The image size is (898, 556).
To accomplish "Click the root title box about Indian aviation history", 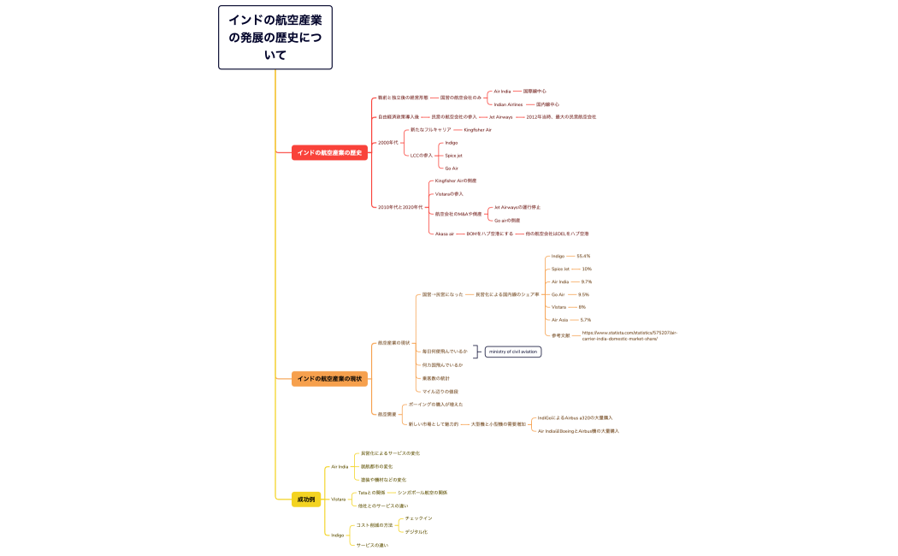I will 275,37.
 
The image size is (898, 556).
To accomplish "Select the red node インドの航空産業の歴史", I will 329,152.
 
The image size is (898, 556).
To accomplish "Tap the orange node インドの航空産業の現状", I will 329,378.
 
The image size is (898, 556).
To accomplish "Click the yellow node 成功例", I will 305,499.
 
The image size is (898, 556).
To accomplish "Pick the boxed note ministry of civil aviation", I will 513,352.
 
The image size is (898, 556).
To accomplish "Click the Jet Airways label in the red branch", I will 500,116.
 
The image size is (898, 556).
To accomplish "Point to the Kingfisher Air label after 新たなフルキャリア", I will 477,129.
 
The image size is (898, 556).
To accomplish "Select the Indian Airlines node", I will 508,104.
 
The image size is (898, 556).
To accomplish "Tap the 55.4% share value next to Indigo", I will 583,256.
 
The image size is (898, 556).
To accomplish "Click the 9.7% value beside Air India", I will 586,281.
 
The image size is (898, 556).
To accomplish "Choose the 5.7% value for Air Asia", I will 585,320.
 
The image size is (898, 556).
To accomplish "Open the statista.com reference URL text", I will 629,335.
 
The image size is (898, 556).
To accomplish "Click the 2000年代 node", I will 387,142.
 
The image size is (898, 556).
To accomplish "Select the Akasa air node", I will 444,234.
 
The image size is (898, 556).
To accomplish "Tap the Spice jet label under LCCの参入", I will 453,155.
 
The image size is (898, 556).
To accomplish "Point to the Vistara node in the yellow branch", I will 339,499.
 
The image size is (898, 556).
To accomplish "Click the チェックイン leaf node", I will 418,518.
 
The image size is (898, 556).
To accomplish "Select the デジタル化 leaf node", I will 416,531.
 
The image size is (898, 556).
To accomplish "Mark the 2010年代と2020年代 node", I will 400,207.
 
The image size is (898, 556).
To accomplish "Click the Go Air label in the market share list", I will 558,294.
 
